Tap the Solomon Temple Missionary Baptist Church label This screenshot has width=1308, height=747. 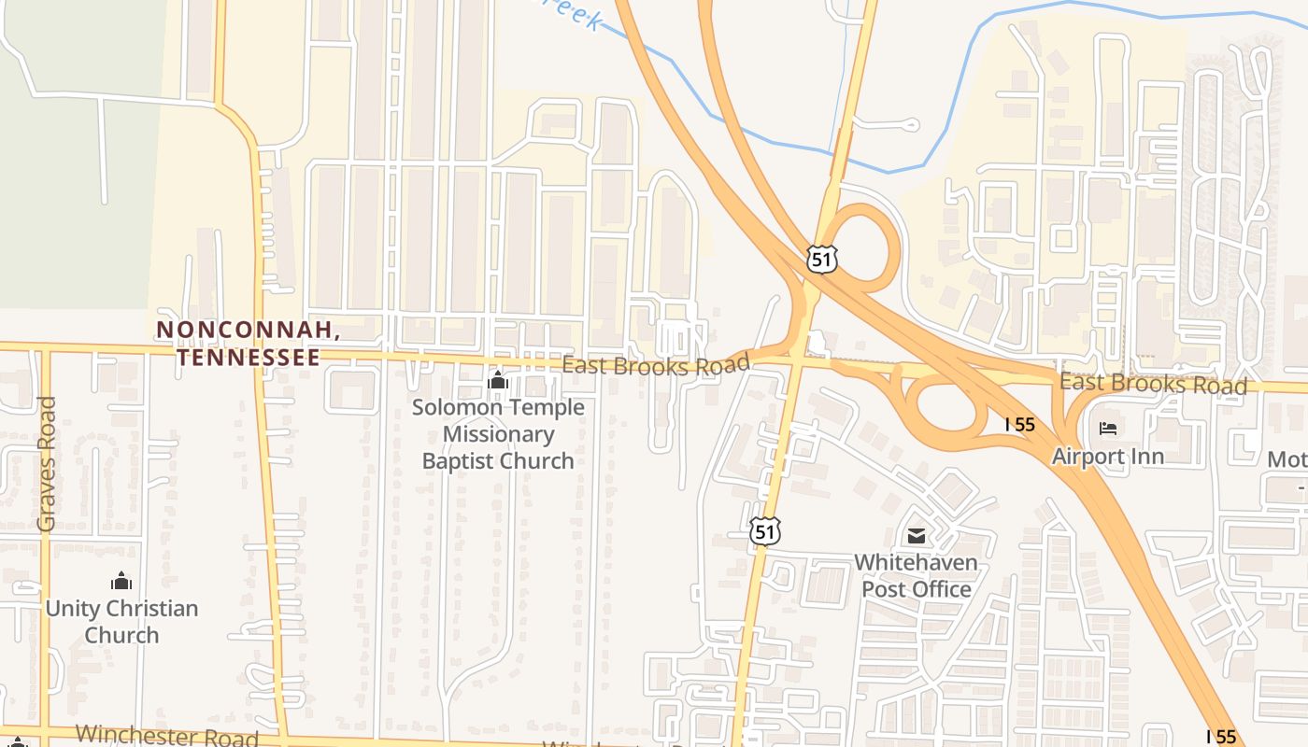coord(498,434)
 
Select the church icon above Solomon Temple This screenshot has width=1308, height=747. coord(498,380)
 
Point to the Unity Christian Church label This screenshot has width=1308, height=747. coord(121,622)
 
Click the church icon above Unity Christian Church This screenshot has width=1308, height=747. coord(121,581)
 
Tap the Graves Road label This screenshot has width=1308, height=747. coord(47,464)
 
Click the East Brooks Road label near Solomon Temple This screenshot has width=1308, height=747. coord(656,365)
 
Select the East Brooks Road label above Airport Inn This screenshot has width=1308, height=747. coord(1153,384)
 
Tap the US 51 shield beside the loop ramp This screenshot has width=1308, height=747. coord(822,259)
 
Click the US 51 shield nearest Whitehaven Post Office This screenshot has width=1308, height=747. coord(764,531)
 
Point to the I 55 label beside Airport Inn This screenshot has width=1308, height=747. coord(1020,424)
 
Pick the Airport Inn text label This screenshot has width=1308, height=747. coord(1107,457)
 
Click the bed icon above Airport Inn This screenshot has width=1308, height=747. coord(1108,429)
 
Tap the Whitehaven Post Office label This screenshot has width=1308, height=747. coord(916,576)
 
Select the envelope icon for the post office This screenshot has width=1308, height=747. coord(916,536)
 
